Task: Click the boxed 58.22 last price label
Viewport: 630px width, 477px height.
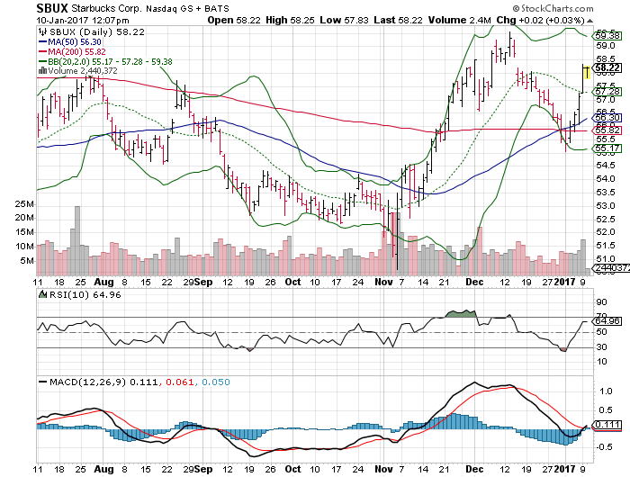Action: click(608, 67)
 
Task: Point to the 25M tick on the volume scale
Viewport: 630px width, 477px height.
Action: click(25, 203)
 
